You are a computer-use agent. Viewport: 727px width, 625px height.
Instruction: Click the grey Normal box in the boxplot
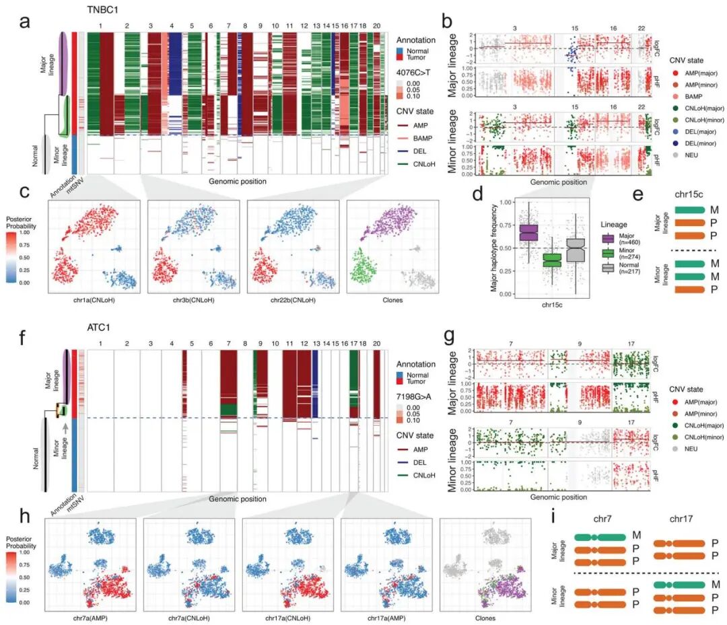point(576,250)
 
